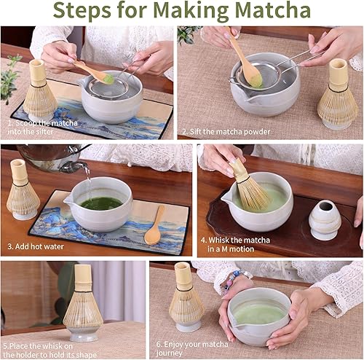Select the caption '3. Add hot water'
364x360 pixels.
tap(39, 247)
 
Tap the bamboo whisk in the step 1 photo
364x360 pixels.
tap(39, 91)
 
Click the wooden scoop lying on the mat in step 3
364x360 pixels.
tap(154, 226)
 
